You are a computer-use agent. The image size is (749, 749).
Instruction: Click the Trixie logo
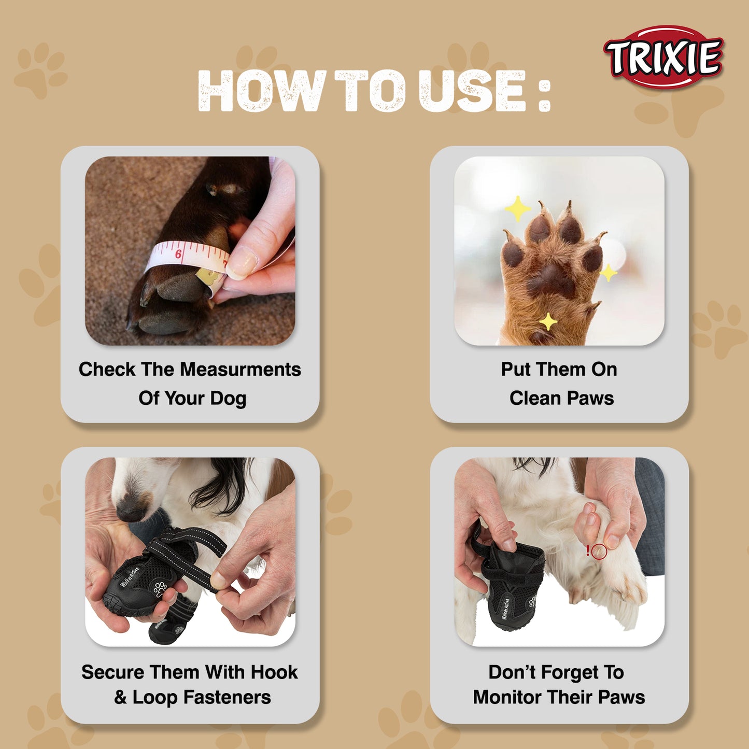pos(663,57)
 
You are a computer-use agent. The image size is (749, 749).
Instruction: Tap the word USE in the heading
pos(472,91)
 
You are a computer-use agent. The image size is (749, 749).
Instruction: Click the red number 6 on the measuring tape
pos(178,254)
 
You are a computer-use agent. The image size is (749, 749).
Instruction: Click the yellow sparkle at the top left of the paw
pos(518,209)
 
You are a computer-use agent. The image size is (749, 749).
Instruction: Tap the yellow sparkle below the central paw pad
pos(548,321)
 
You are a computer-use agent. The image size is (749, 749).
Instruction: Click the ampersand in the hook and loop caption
pos(120,697)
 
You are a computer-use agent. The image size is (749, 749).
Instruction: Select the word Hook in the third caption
pos(274,672)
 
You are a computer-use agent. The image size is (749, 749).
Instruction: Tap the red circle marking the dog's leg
pos(599,551)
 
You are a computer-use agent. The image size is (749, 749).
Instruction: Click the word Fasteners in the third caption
pos(227,697)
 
